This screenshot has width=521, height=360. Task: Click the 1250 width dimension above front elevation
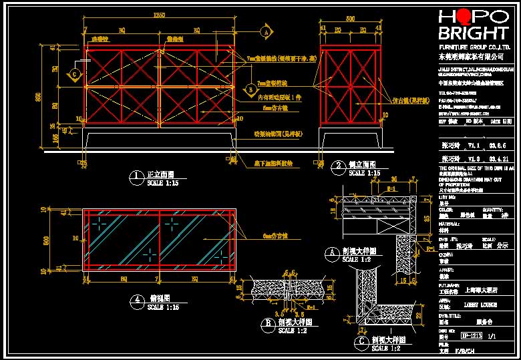tap(158, 15)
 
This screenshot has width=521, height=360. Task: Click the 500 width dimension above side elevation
tap(350, 20)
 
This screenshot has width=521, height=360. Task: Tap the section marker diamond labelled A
tap(267, 31)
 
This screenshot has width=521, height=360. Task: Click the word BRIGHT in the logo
tap(472, 34)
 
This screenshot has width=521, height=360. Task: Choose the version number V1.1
tap(474, 144)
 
